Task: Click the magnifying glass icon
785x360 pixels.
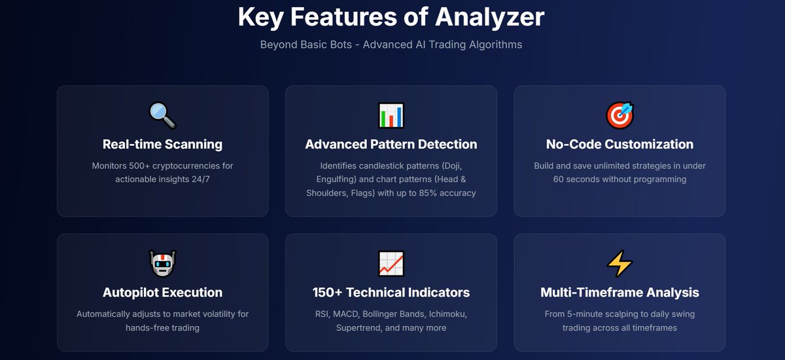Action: (162, 115)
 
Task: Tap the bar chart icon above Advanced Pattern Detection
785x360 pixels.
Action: (391, 115)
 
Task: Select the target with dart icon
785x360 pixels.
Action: (619, 115)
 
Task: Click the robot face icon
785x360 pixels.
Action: (162, 264)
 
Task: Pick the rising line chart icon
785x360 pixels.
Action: (391, 264)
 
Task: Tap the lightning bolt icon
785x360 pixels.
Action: (619, 264)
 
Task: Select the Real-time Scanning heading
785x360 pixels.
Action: (162, 144)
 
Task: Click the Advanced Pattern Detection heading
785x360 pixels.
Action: (391, 144)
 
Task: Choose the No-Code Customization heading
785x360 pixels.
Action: (619, 144)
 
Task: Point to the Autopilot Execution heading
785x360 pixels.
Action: (162, 293)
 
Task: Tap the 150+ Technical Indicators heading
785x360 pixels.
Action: (391, 293)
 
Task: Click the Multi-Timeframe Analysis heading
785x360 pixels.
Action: (619, 293)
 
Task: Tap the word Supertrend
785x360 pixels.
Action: (358, 327)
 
